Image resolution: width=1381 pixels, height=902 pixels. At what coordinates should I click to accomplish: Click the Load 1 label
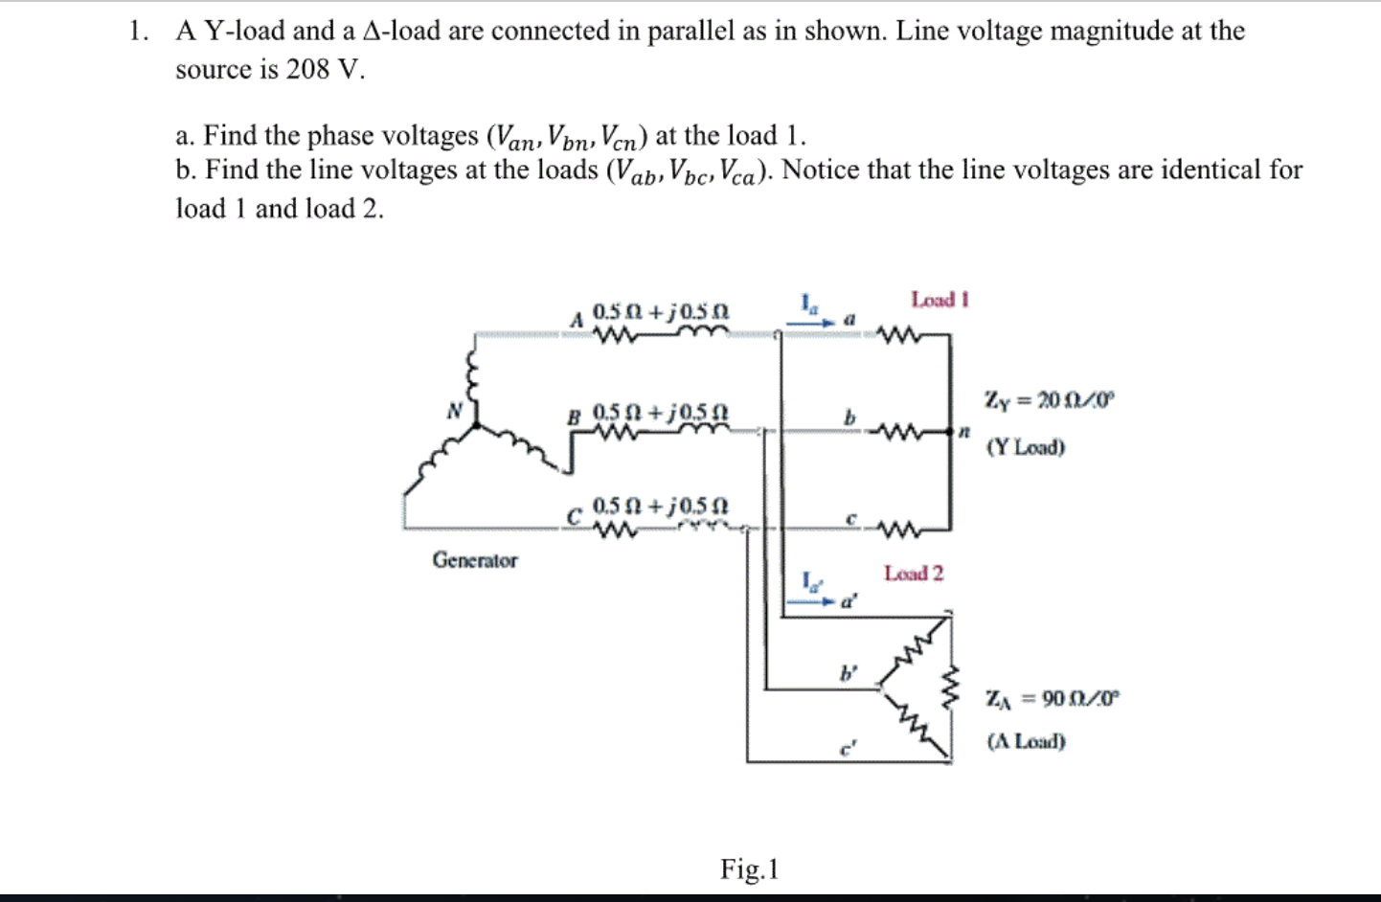point(940,300)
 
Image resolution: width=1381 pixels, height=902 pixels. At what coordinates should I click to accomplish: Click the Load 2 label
point(913,574)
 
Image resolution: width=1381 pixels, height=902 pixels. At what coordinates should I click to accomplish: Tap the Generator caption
point(474,560)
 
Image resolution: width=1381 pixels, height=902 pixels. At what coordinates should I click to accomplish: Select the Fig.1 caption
point(749,868)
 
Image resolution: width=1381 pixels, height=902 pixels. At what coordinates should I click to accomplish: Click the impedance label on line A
point(661,312)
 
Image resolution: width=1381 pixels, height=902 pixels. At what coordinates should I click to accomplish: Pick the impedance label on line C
point(661,505)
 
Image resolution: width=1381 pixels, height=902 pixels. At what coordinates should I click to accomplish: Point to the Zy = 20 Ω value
point(1050,399)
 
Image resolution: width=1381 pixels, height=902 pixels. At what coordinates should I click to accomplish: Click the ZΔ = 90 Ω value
point(1052,698)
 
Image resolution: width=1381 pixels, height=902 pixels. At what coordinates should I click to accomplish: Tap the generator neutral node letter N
point(455,411)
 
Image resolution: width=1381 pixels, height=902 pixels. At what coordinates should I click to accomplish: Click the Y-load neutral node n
point(964,433)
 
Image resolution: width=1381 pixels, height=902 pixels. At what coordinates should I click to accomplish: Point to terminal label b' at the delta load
point(848,673)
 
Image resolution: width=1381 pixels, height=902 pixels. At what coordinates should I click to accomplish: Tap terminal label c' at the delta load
point(846,749)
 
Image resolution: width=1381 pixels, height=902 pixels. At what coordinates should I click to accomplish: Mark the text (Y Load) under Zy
point(1025,447)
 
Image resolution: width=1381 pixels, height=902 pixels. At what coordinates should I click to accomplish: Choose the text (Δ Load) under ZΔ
point(1026,741)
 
